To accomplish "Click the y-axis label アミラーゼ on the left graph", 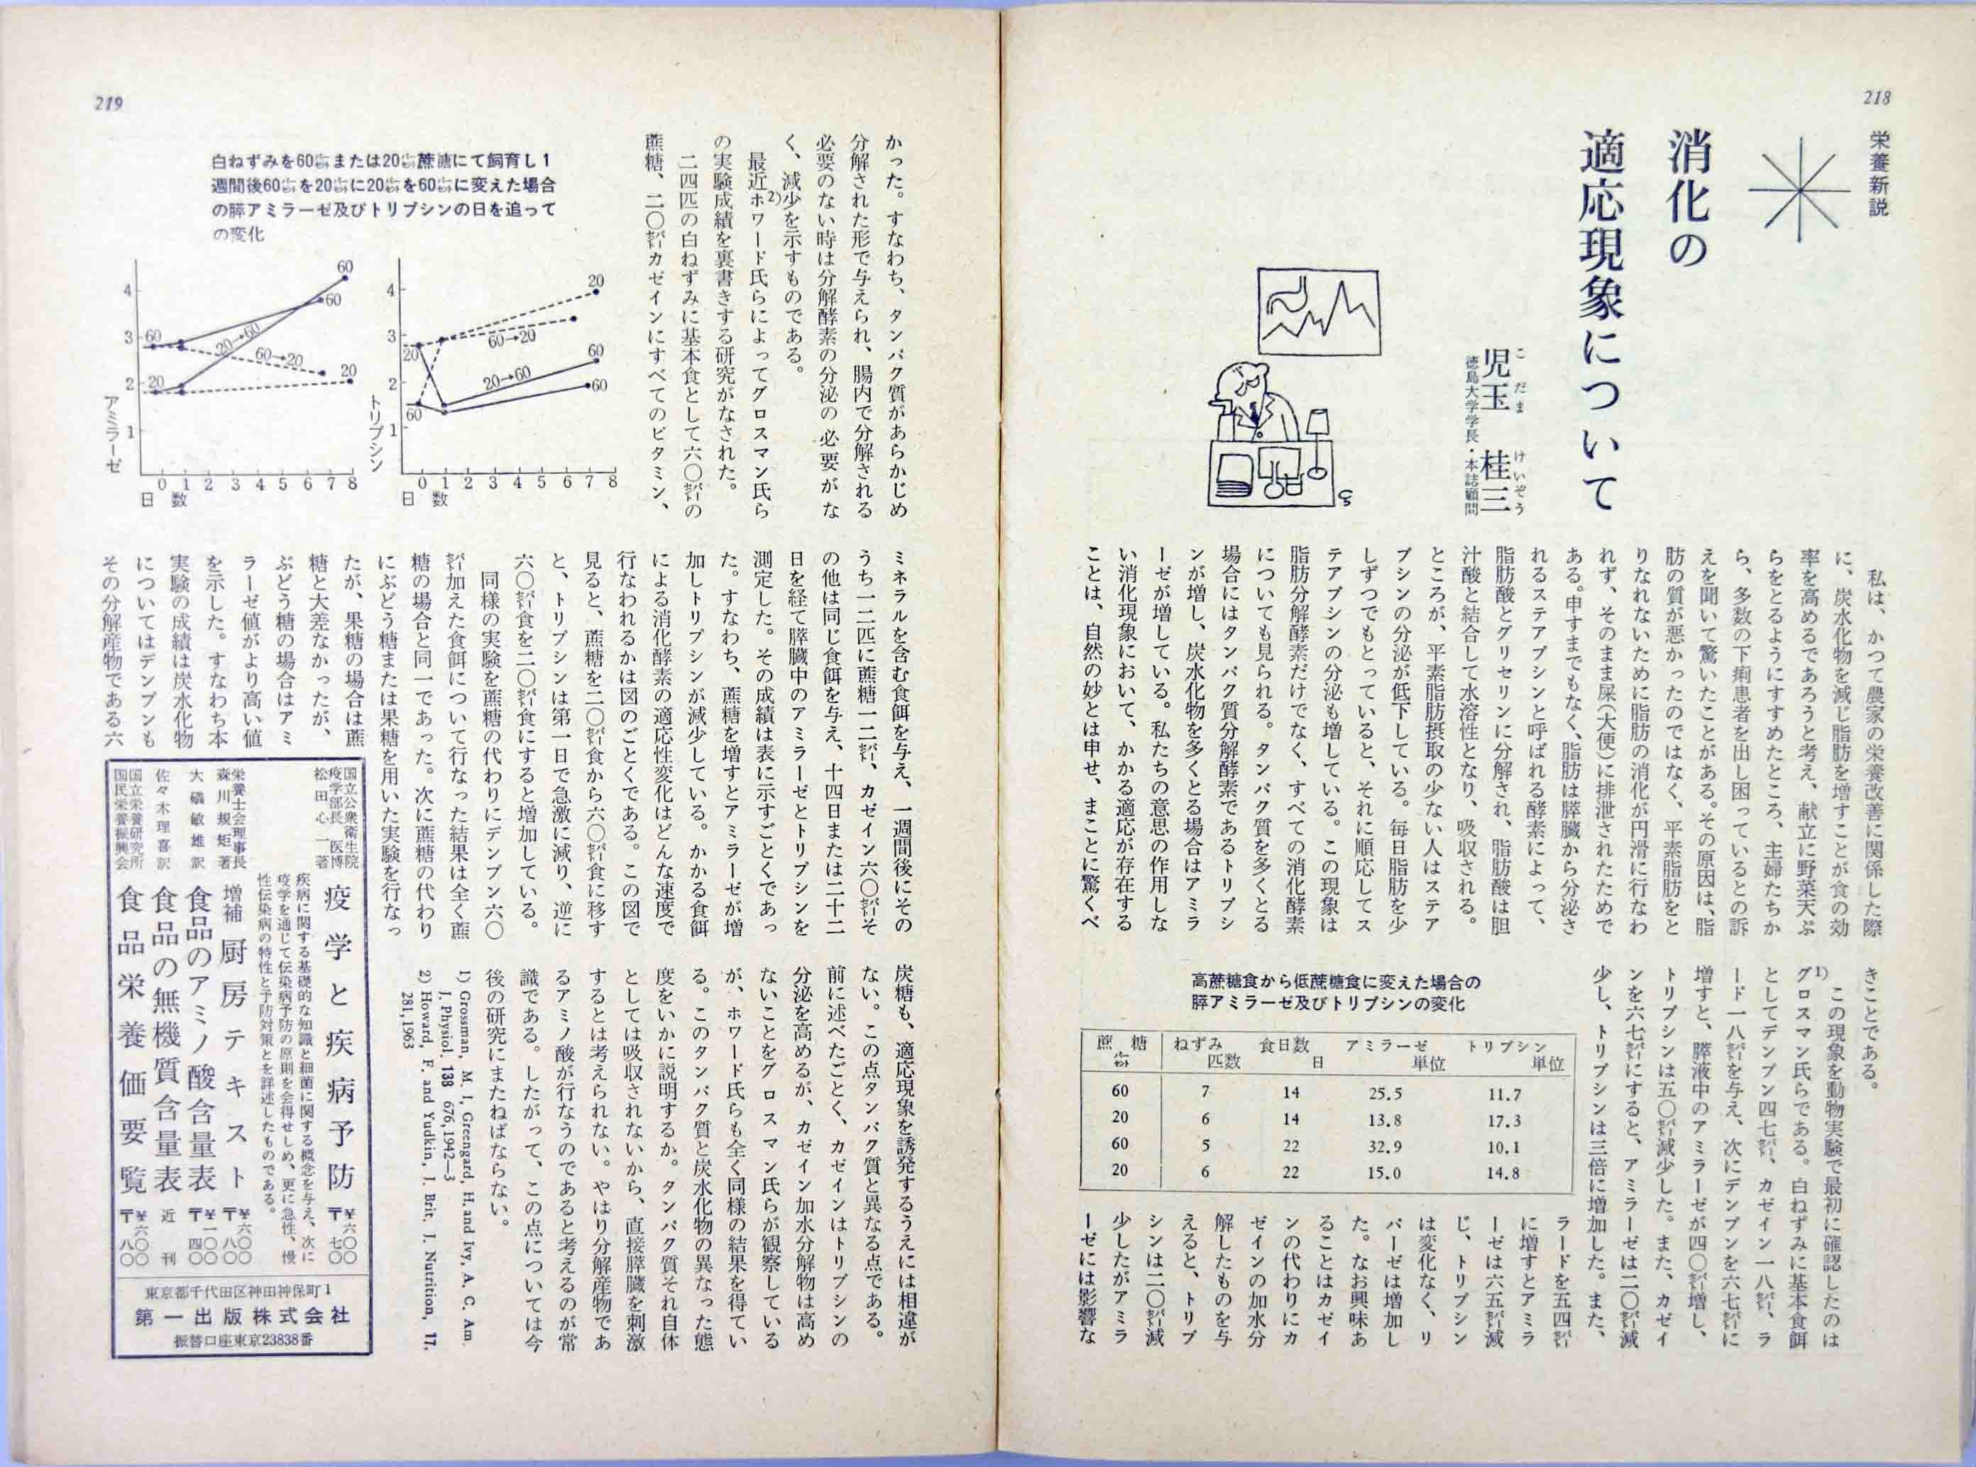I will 114,427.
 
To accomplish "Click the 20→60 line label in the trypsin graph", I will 507,378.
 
